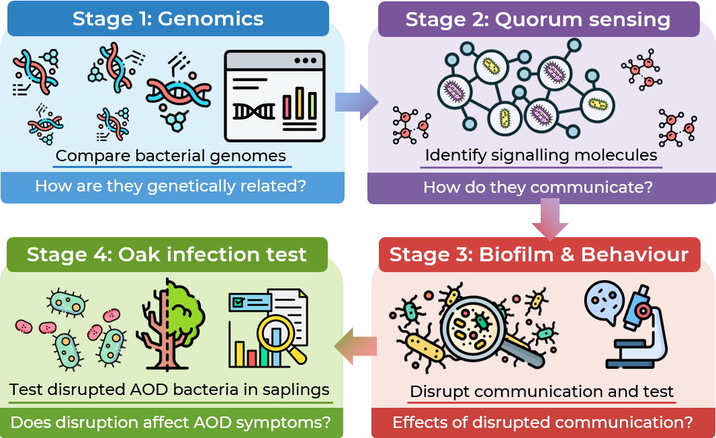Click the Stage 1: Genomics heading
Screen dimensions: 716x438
tap(168, 19)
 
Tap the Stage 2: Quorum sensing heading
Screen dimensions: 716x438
tap(538, 19)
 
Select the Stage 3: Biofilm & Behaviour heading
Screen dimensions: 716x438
tap(539, 255)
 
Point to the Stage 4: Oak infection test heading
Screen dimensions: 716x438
tap(166, 255)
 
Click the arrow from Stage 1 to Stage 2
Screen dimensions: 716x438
tap(357, 102)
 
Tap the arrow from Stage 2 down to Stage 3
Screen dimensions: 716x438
tap(550, 219)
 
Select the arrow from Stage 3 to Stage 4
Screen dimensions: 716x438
tap(356, 346)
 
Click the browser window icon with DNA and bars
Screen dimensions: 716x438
tap(275, 96)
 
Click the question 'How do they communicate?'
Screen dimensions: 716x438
tap(538, 187)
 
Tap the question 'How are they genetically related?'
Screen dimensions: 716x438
tap(171, 186)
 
